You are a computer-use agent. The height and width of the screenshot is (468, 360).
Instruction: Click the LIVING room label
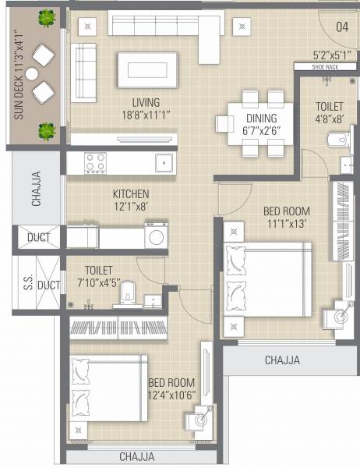146,102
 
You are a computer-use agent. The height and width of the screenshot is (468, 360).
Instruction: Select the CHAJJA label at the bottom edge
136,456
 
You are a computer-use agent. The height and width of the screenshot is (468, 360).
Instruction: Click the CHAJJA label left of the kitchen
37,192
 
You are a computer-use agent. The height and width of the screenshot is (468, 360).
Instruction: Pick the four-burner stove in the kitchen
95,162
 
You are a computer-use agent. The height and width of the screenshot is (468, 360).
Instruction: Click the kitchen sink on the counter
164,162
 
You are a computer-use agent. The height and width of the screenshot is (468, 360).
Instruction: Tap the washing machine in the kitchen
157,236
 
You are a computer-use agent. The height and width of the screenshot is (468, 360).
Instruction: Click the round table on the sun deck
32,73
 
